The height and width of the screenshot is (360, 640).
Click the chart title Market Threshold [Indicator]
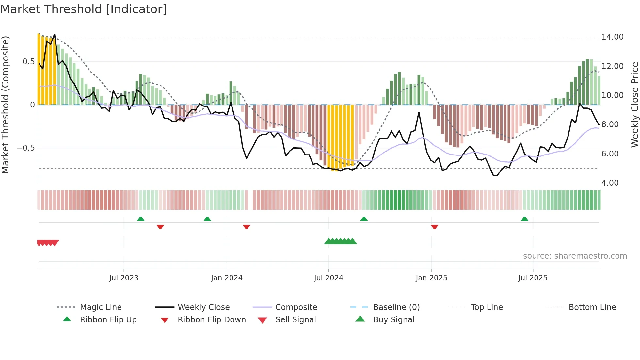pos(84,9)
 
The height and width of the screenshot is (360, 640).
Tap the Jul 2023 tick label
pos(124,278)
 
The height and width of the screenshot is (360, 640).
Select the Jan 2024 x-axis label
pos(227,278)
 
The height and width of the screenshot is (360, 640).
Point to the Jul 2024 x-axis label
pos(328,278)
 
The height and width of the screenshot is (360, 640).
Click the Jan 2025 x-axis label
pos(431,278)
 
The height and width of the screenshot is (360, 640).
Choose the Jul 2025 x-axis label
pos(533,278)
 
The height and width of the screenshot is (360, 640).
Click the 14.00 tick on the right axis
pos(612,37)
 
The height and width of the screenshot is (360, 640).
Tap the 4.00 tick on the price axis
pos(610,183)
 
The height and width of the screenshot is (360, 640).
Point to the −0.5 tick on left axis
pos(25,148)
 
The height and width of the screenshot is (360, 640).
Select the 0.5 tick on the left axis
pos(28,62)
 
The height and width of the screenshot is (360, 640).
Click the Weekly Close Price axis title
pos(634,105)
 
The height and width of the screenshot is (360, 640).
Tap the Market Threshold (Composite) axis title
pos(5,105)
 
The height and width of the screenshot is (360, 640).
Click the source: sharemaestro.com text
pos(575,256)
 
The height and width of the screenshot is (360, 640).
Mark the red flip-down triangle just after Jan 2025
pos(434,227)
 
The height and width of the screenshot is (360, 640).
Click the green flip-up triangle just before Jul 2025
pos(524,219)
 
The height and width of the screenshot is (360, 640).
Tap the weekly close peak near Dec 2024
pos(419,113)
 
